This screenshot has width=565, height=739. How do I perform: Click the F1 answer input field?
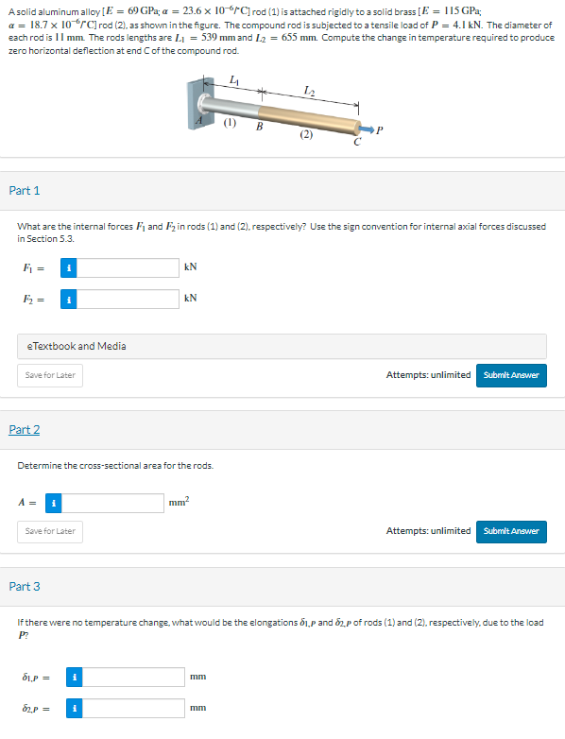coord(128,267)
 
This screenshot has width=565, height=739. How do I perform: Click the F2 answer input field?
coord(128,299)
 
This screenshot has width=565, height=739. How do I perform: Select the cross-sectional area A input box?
coord(112,503)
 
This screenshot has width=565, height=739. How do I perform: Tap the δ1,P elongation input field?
coord(133,677)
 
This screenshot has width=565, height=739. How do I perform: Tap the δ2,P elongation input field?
coord(133,708)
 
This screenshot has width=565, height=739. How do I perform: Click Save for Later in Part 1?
coord(50,375)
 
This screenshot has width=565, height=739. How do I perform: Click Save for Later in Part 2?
coord(50,532)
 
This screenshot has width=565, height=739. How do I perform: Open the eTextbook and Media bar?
coord(282,347)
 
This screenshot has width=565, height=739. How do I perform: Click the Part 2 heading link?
coord(25,429)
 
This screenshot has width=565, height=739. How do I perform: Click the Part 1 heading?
coord(25,190)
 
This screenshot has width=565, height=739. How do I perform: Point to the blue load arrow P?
coord(366,129)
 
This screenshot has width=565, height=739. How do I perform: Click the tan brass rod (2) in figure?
coord(309,119)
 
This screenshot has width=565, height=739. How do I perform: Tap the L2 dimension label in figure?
coord(310,90)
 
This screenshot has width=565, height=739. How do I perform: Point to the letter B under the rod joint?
coord(259,127)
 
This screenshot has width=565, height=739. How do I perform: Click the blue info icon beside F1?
coord(69,267)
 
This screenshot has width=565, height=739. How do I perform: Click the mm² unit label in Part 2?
coord(180,502)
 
